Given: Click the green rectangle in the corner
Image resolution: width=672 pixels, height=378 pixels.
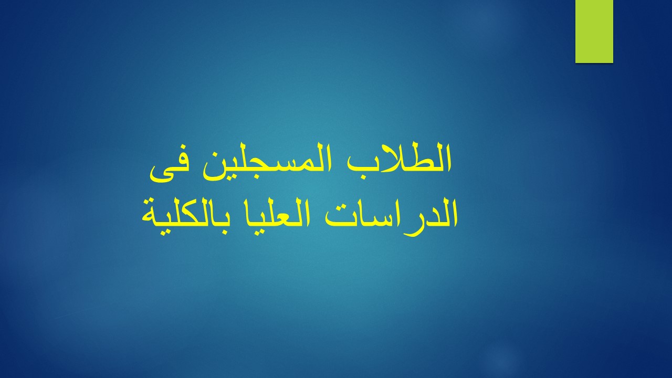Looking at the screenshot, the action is click(594, 31).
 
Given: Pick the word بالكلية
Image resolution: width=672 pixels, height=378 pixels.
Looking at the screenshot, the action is click(186, 216).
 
